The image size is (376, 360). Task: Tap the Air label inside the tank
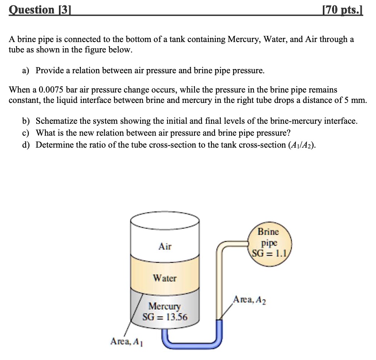(165, 246)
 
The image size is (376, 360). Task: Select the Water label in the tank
(164, 278)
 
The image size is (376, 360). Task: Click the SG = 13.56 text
(165, 317)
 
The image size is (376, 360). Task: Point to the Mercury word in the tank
(165, 307)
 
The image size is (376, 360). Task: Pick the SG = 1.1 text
(269, 253)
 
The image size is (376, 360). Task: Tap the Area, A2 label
(249, 300)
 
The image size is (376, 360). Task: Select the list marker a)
(26, 71)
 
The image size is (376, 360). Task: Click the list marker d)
(26, 145)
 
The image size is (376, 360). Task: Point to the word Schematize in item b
(56, 121)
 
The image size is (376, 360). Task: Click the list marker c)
(26, 133)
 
